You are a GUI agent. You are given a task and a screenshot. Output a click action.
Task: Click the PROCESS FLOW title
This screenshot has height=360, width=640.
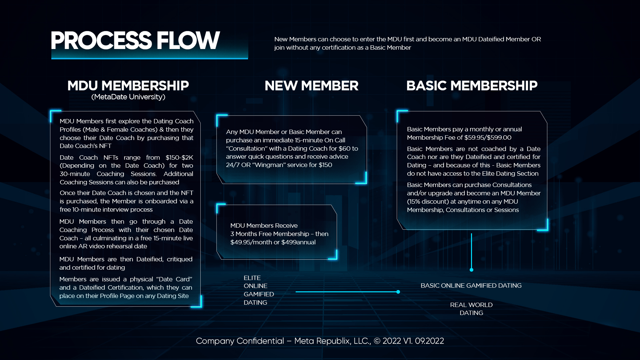click(135, 41)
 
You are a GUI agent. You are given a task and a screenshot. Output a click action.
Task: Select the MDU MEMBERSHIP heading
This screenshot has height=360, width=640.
click(128, 86)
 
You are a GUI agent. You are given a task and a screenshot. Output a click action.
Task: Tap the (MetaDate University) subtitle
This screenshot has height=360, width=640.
click(128, 97)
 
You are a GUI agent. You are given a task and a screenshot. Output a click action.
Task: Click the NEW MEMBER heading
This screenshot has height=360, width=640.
click(311, 86)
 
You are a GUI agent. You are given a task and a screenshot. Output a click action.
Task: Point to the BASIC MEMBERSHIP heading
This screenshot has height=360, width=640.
click(472, 86)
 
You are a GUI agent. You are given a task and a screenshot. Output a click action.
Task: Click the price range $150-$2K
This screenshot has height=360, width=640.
click(179, 157)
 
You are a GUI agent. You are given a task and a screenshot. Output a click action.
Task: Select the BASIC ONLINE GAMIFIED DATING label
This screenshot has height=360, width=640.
click(471, 286)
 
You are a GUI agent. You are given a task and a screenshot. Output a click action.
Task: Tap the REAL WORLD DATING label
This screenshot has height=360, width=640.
click(471, 309)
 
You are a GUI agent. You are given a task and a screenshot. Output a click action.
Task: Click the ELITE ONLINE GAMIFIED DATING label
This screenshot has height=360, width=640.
click(259, 290)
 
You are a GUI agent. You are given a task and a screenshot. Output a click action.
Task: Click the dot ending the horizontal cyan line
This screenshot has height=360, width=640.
click(398, 292)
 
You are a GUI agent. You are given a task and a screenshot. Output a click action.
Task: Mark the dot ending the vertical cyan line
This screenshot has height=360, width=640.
click(471, 270)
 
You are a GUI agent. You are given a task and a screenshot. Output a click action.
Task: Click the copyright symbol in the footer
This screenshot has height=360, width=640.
click(377, 341)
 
